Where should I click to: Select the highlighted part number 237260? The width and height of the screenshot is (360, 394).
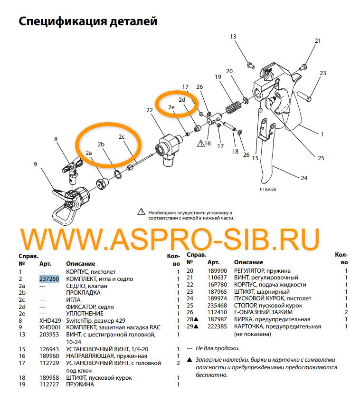click(49, 279)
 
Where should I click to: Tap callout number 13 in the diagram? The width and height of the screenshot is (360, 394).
click(233, 37)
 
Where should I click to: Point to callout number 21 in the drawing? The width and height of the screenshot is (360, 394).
click(318, 41)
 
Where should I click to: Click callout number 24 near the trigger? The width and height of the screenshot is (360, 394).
click(304, 178)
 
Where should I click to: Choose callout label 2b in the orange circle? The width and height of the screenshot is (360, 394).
click(101, 144)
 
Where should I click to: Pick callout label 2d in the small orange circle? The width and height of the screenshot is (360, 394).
click(182, 100)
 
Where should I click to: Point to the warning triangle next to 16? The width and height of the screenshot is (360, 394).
click(201, 143)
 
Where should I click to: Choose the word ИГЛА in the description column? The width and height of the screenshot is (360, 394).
click(73, 300)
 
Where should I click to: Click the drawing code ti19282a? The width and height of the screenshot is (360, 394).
click(267, 189)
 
